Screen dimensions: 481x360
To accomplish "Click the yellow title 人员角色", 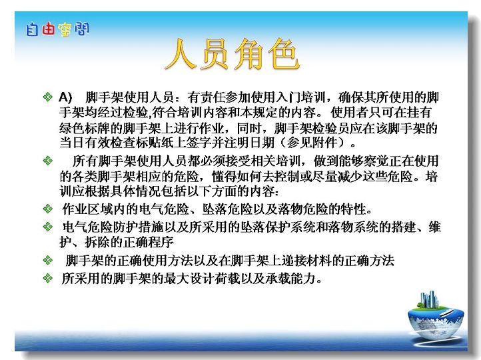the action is [232, 54].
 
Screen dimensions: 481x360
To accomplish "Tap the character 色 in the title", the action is [283, 54].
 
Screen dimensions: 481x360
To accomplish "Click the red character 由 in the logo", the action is [48, 29].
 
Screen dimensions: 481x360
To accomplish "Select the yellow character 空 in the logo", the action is [65, 30].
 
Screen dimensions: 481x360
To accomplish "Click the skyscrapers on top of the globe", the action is [428, 299].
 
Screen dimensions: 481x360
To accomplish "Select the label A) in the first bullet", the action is [65, 97].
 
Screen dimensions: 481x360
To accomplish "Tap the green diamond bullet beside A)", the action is [47, 97].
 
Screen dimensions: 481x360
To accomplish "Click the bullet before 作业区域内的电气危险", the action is [47, 209].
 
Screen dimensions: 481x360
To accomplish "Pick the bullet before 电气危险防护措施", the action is [47, 227].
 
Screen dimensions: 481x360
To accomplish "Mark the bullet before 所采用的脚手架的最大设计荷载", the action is [47, 278].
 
